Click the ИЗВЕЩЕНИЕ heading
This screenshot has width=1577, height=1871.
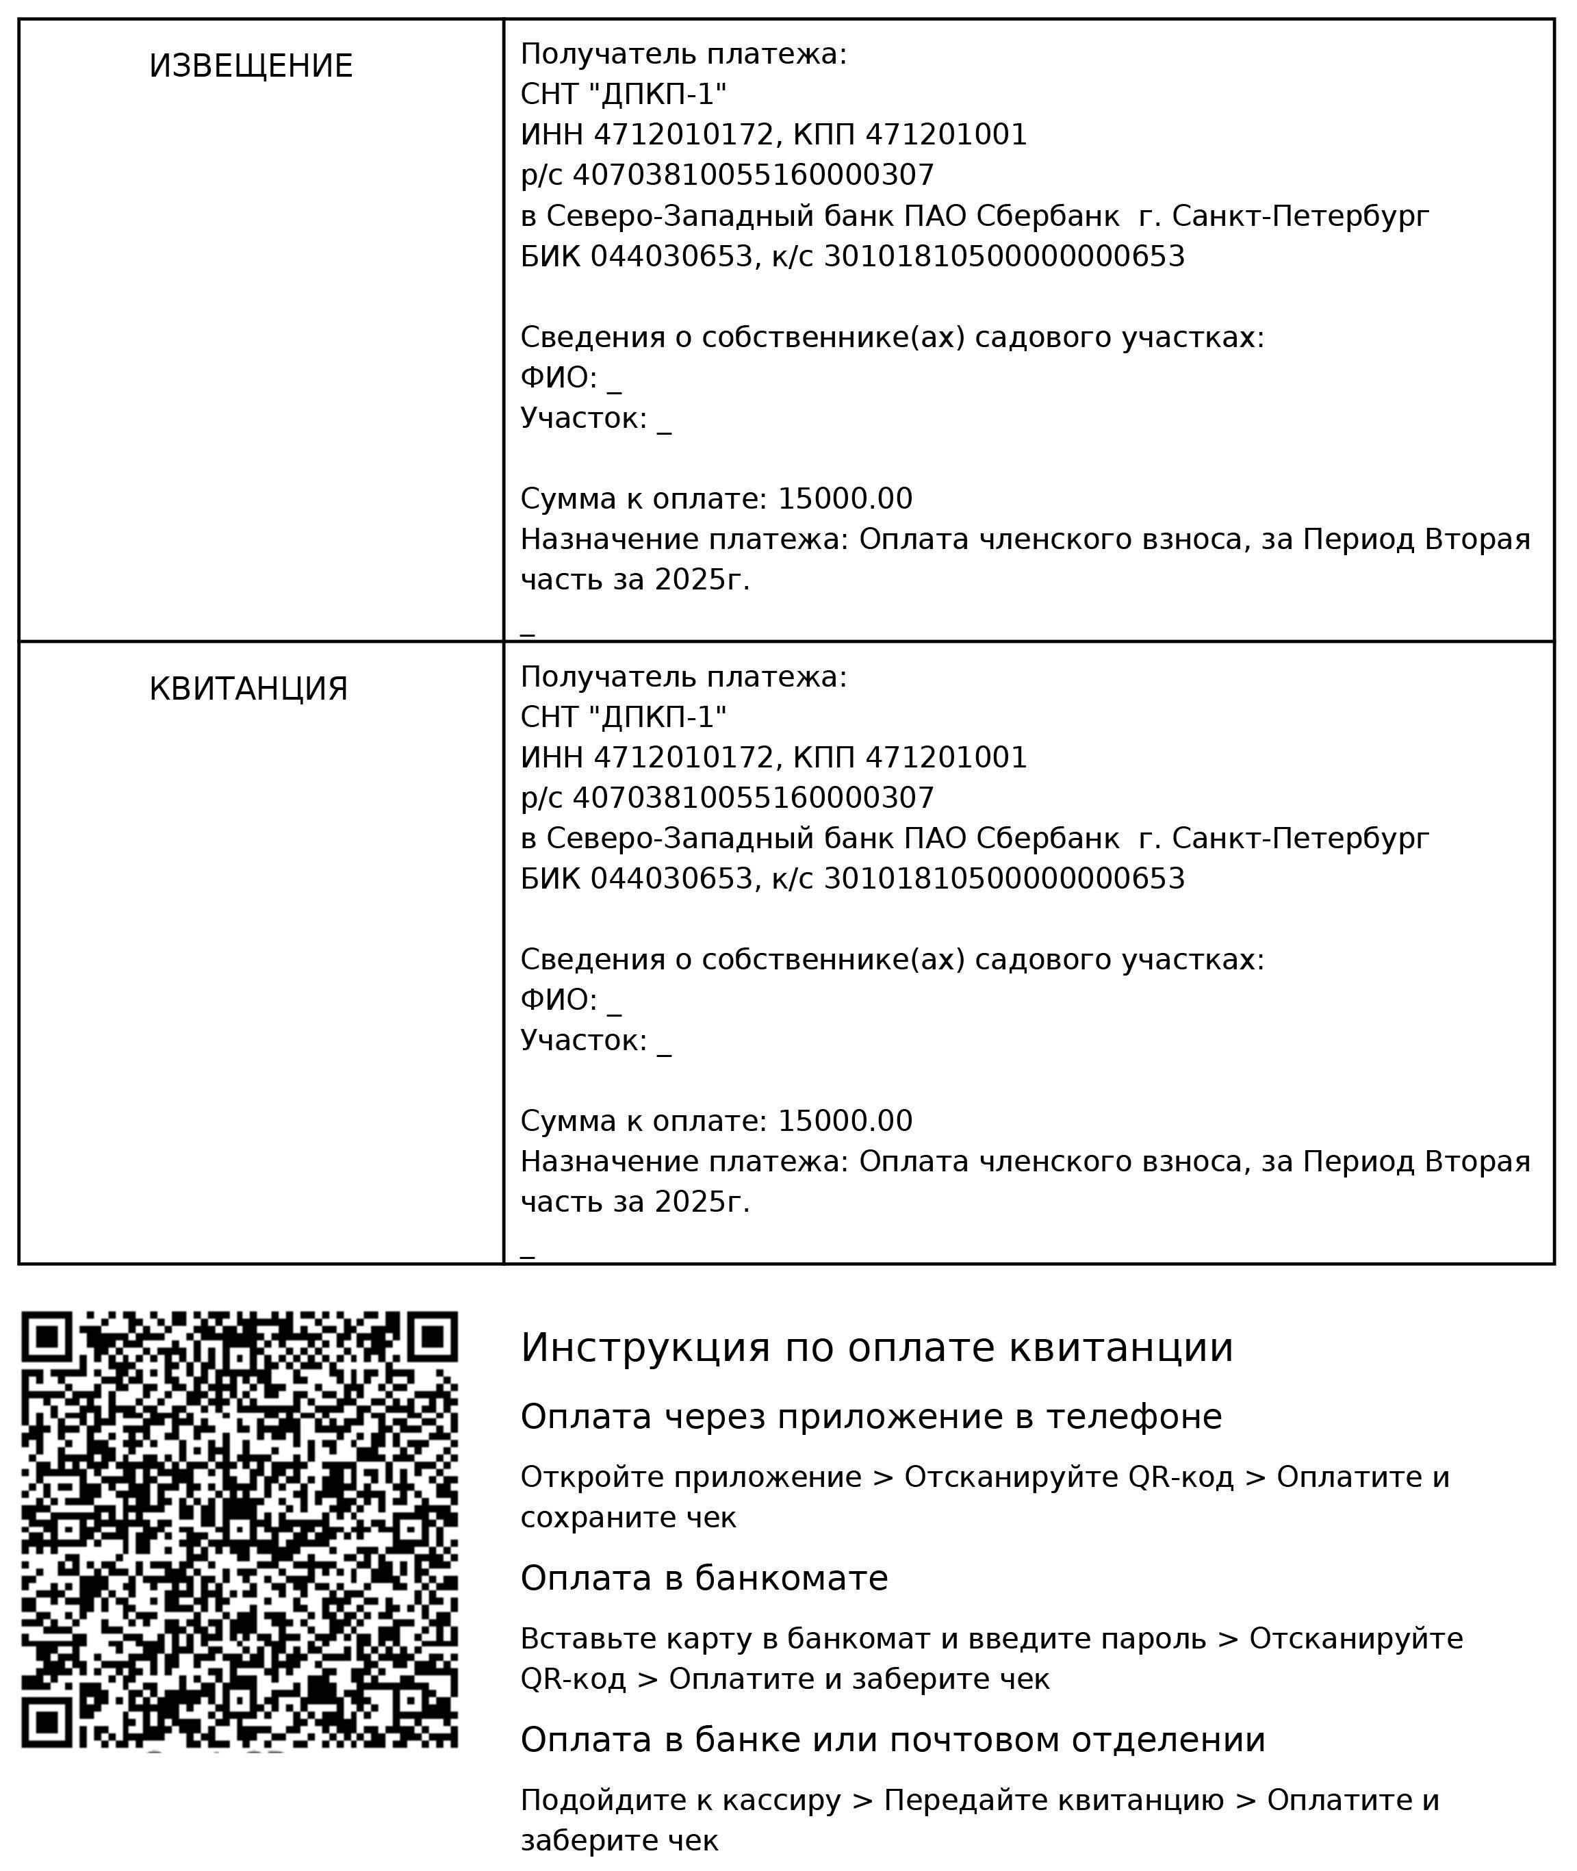point(251,66)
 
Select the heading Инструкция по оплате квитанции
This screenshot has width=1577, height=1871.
point(876,1347)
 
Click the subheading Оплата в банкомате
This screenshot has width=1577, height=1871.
point(704,1578)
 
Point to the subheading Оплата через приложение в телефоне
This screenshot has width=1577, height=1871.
point(871,1417)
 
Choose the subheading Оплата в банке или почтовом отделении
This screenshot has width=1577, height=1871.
point(893,1740)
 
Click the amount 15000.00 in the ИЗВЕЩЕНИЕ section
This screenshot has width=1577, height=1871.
point(845,499)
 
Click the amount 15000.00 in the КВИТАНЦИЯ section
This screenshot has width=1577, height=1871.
point(845,1121)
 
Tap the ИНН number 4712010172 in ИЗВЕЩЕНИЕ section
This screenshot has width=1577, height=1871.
point(683,135)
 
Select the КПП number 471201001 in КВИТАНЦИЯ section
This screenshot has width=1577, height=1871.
point(947,757)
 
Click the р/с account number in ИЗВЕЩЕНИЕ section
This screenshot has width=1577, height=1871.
point(753,175)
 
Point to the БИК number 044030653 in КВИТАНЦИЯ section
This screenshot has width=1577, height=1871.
point(671,879)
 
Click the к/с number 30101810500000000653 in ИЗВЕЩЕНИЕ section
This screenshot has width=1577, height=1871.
point(1004,257)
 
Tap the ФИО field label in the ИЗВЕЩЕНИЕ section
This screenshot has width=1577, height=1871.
point(558,378)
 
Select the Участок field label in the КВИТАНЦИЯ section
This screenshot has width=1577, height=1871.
point(583,1041)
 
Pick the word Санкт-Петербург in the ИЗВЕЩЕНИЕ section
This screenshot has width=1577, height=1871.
point(1300,216)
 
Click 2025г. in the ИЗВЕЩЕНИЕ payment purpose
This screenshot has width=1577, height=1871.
point(702,580)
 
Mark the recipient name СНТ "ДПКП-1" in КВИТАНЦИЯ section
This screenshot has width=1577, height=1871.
point(623,717)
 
